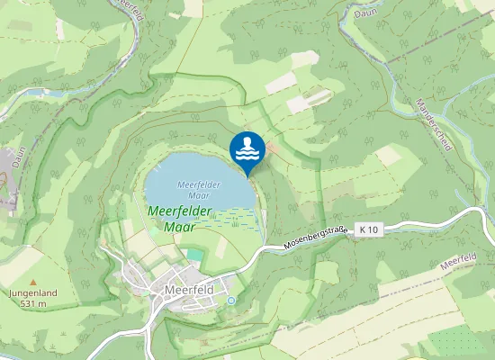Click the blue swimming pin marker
tap(247, 149)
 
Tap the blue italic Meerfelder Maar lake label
tap(199, 189)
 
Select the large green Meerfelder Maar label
tap(178, 219)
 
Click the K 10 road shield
tap(369, 230)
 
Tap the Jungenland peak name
tap(31, 293)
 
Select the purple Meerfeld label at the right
tap(460, 262)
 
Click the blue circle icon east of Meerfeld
tap(230, 300)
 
